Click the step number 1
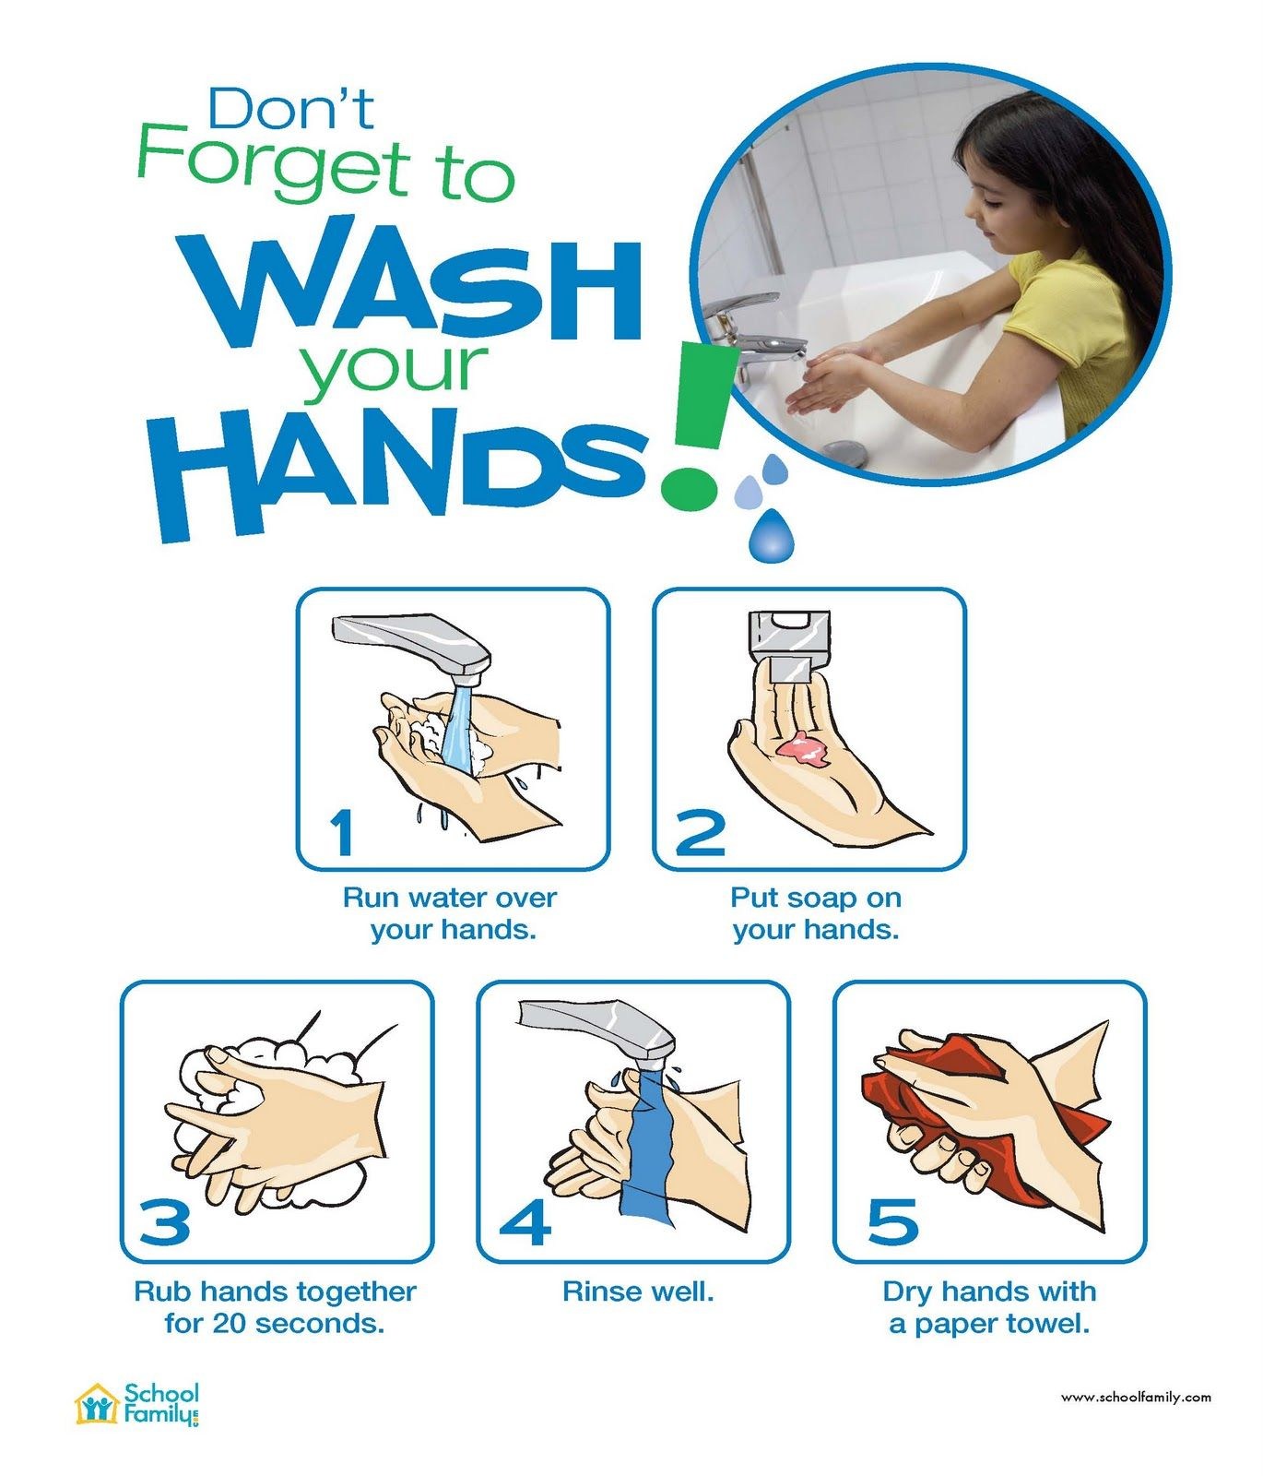tap(342, 832)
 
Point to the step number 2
tap(701, 832)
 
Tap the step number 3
tap(165, 1221)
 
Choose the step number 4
tap(525, 1221)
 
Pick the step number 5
tap(893, 1221)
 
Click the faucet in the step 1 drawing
tap(412, 646)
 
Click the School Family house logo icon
tap(97, 1405)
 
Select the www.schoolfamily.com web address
tap(1136, 1398)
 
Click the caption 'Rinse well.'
tap(639, 1291)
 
